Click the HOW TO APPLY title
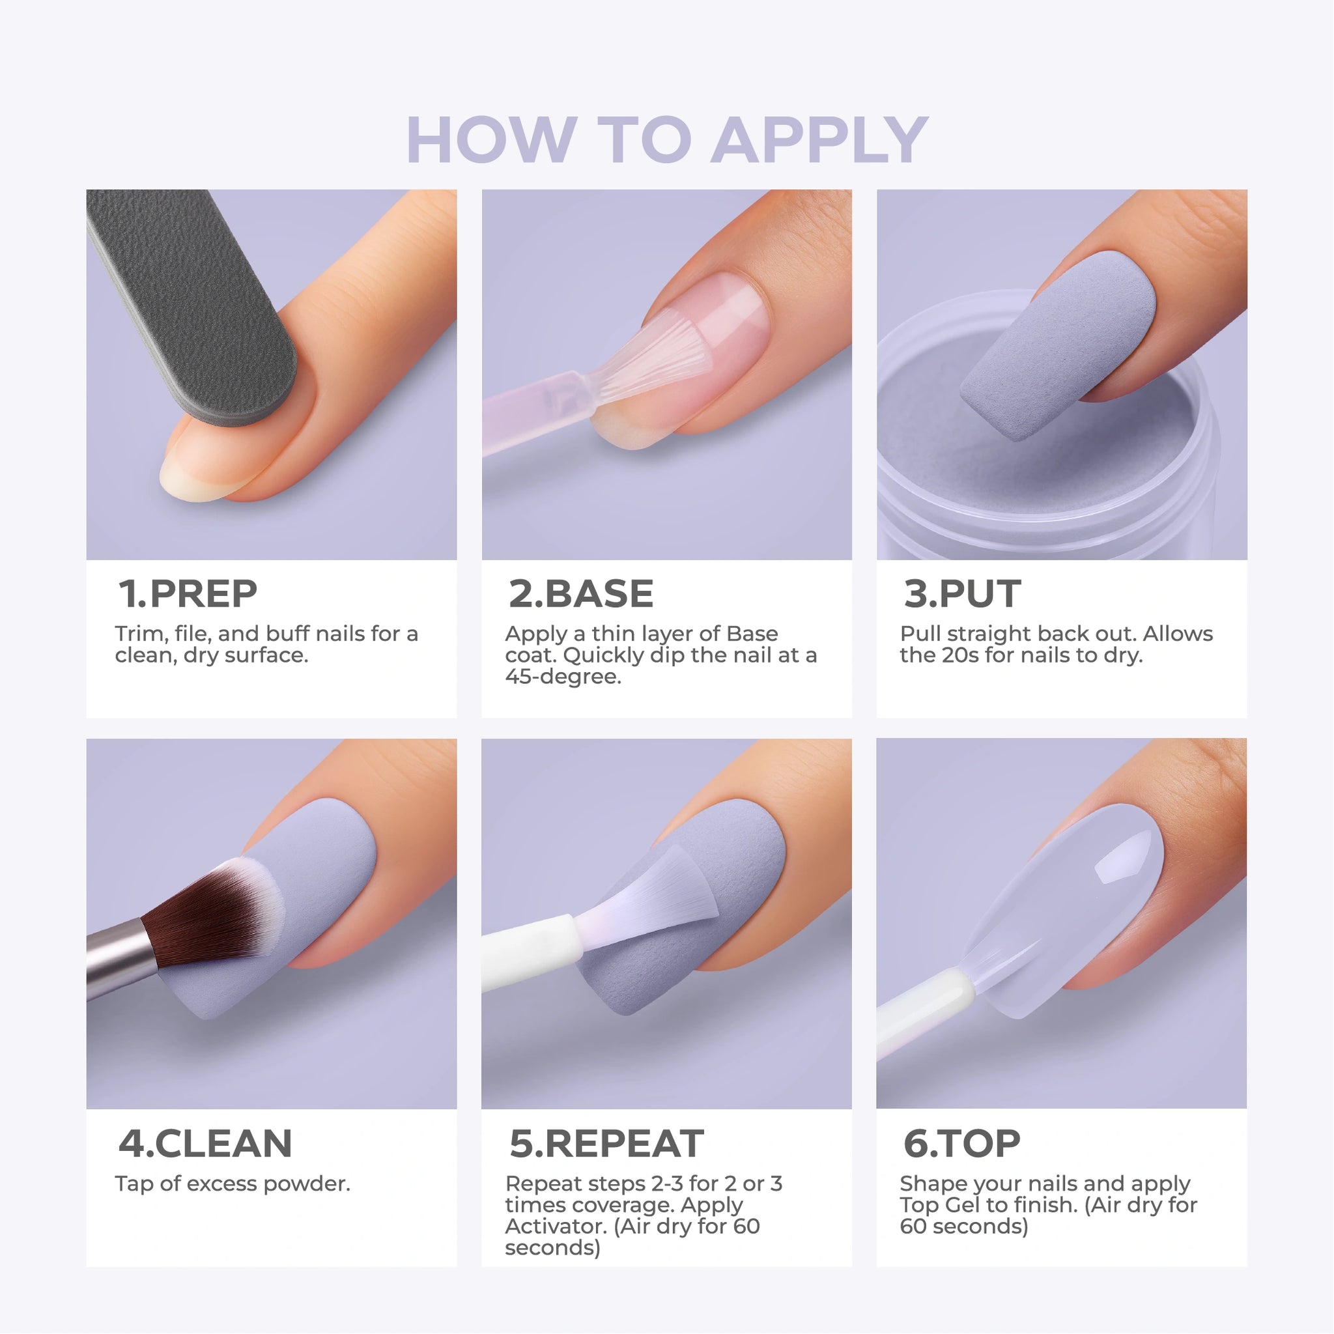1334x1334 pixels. coord(667,140)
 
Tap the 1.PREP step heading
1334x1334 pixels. coord(188,594)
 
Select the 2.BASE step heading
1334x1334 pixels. coord(580,594)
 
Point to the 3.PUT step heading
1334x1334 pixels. coord(962,594)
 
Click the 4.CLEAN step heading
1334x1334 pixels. coord(205,1143)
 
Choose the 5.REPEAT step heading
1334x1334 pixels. coord(606,1143)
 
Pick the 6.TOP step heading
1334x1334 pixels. coord(962,1143)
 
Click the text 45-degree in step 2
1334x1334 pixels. coord(563,677)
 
